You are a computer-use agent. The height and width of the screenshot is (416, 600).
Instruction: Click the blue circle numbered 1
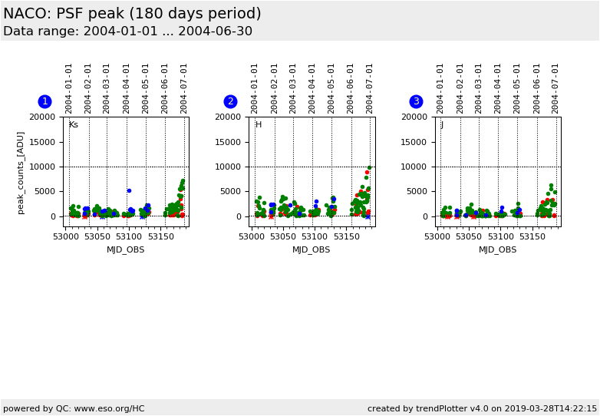tap(45, 101)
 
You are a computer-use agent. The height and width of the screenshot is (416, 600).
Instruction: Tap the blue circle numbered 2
tap(230, 101)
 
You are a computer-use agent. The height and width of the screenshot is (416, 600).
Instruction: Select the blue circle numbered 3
tap(416, 101)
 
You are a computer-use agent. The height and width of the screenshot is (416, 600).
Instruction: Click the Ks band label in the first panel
tap(74, 124)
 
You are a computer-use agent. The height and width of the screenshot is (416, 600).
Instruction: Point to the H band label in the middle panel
tap(259, 124)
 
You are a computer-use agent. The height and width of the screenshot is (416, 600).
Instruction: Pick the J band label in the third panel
tap(442, 124)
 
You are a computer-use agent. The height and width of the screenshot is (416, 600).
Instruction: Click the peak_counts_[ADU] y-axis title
tap(21, 172)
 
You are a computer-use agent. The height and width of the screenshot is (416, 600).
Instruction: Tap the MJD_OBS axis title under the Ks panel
tap(125, 249)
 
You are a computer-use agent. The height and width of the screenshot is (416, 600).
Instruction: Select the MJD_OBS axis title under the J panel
tap(497, 249)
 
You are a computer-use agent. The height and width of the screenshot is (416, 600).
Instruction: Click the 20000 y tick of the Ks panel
tap(43, 117)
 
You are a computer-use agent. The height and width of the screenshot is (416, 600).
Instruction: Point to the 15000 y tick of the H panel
tap(229, 142)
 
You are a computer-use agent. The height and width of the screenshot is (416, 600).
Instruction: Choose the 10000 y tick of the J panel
tap(414, 167)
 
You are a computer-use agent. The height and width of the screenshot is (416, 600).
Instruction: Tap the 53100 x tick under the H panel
tap(315, 236)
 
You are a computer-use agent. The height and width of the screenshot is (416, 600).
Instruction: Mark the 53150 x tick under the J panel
tap(532, 236)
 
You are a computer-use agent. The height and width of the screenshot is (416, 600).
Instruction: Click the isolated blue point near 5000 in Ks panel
tap(129, 190)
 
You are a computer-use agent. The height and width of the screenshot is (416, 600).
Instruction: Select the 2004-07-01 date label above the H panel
tap(370, 88)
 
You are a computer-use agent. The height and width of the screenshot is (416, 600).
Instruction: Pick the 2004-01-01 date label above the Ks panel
tap(69, 88)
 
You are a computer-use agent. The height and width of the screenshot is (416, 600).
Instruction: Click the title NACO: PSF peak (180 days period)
tap(132, 14)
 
